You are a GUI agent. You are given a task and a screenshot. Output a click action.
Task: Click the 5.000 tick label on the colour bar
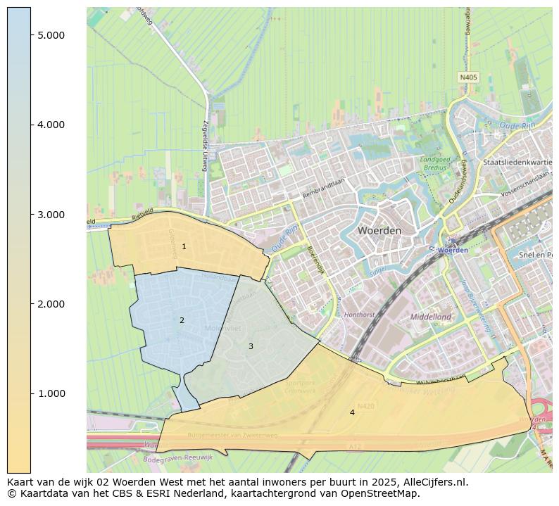tap(51, 35)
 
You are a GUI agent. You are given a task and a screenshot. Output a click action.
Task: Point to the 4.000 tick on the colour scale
tap(51, 125)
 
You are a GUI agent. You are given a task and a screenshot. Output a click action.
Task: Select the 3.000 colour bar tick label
tap(51, 215)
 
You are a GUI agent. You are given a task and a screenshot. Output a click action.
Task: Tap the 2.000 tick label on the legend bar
tap(51, 304)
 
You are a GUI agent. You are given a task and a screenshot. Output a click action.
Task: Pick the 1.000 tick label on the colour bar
tap(51, 393)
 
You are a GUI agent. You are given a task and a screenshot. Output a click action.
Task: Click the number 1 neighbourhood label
tap(184, 247)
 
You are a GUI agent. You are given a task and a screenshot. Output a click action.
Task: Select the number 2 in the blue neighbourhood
tap(182, 321)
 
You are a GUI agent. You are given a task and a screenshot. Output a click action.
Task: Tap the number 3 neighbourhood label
tap(251, 347)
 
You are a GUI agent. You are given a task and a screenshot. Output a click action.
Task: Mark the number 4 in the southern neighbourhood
tap(352, 412)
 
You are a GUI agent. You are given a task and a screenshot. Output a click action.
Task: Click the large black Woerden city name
tap(379, 230)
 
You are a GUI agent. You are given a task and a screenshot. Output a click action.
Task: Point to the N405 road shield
tap(468, 77)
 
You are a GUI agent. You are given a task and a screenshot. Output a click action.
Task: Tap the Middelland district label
tap(430, 317)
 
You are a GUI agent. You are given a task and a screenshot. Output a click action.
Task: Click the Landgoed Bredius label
tap(435, 164)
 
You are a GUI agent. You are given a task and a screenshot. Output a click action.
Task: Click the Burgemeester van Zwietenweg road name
tap(232, 436)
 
